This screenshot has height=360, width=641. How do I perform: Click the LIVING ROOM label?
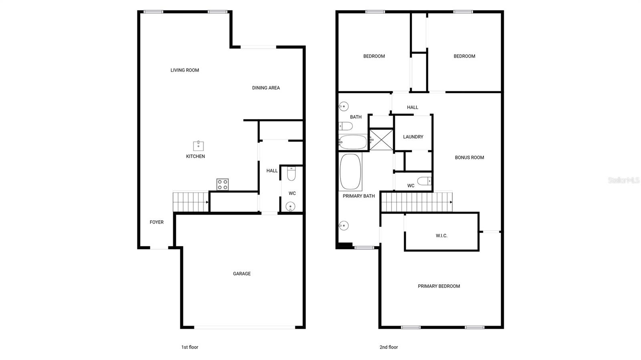[x=185, y=70]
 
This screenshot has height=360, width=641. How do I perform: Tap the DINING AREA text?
[x=266, y=88]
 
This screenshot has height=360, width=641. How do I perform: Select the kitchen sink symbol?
[x=198, y=145]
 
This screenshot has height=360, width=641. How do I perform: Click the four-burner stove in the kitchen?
[x=222, y=185]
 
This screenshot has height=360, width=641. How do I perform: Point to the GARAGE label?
[x=242, y=274]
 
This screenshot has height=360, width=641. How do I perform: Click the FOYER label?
[x=157, y=222]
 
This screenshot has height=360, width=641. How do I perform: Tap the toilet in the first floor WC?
[x=291, y=174]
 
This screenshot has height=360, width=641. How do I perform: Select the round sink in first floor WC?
[x=290, y=207]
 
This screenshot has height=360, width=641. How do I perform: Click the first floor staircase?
[x=191, y=202]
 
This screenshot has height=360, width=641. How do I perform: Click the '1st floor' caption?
[x=189, y=347]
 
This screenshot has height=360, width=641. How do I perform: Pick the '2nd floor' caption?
[x=389, y=347]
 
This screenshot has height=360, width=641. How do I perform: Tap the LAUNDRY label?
[x=413, y=137]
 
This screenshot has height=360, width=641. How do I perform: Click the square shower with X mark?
[x=381, y=140]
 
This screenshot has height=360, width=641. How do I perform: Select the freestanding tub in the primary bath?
[x=351, y=171]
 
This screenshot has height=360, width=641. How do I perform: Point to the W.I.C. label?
[x=441, y=236]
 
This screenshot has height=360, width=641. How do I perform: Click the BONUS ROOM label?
[x=469, y=157]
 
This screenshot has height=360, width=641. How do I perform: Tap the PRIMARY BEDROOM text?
[x=439, y=286]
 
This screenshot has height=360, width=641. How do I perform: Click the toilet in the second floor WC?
[x=424, y=181]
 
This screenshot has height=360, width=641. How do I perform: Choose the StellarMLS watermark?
[x=624, y=180]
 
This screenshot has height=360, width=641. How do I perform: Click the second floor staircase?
[x=416, y=202]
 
